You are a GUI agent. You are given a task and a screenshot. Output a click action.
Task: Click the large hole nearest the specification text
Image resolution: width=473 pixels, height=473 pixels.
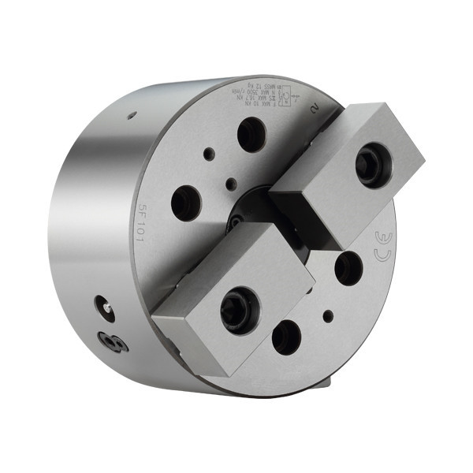tap(251, 134)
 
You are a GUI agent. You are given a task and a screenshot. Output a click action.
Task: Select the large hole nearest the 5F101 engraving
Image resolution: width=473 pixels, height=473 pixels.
tap(186, 203)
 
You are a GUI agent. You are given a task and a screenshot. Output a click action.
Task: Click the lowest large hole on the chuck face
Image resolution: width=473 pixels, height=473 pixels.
tap(286, 337)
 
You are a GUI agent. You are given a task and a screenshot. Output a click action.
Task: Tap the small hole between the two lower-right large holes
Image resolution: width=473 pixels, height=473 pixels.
tap(328, 316)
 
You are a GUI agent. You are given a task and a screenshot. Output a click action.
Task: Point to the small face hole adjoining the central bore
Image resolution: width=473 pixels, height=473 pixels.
tap(230, 184)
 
